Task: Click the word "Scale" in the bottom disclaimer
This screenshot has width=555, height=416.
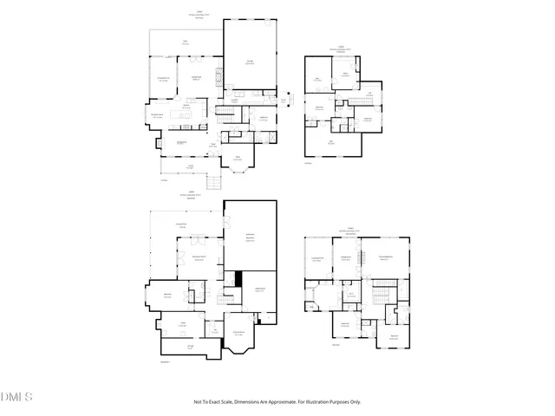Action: [227, 401]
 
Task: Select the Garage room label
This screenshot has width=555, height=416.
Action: [249, 61]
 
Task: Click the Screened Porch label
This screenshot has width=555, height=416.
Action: [162, 79]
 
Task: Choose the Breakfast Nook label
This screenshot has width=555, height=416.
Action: [159, 115]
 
